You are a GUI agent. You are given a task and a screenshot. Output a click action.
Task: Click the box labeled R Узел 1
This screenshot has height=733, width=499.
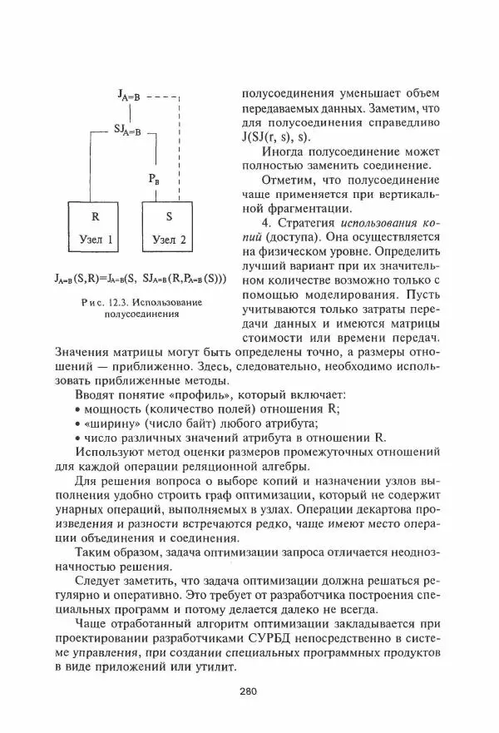[96, 228]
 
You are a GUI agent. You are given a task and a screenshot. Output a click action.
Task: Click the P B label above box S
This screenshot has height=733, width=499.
[155, 178]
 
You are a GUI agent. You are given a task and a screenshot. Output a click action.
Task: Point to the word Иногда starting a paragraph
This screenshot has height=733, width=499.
[285, 153]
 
